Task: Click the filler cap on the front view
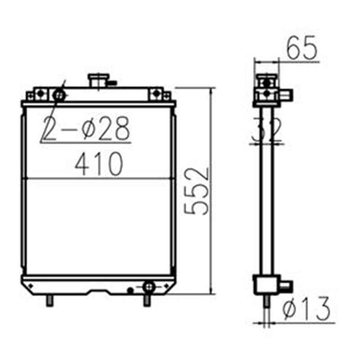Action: [x=97, y=81]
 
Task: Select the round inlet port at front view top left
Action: [x=58, y=95]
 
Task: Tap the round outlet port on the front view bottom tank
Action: [x=148, y=286]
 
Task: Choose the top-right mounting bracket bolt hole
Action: [x=156, y=93]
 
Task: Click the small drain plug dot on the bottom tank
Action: [x=130, y=290]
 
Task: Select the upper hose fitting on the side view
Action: [x=287, y=94]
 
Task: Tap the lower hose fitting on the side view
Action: [x=286, y=286]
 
